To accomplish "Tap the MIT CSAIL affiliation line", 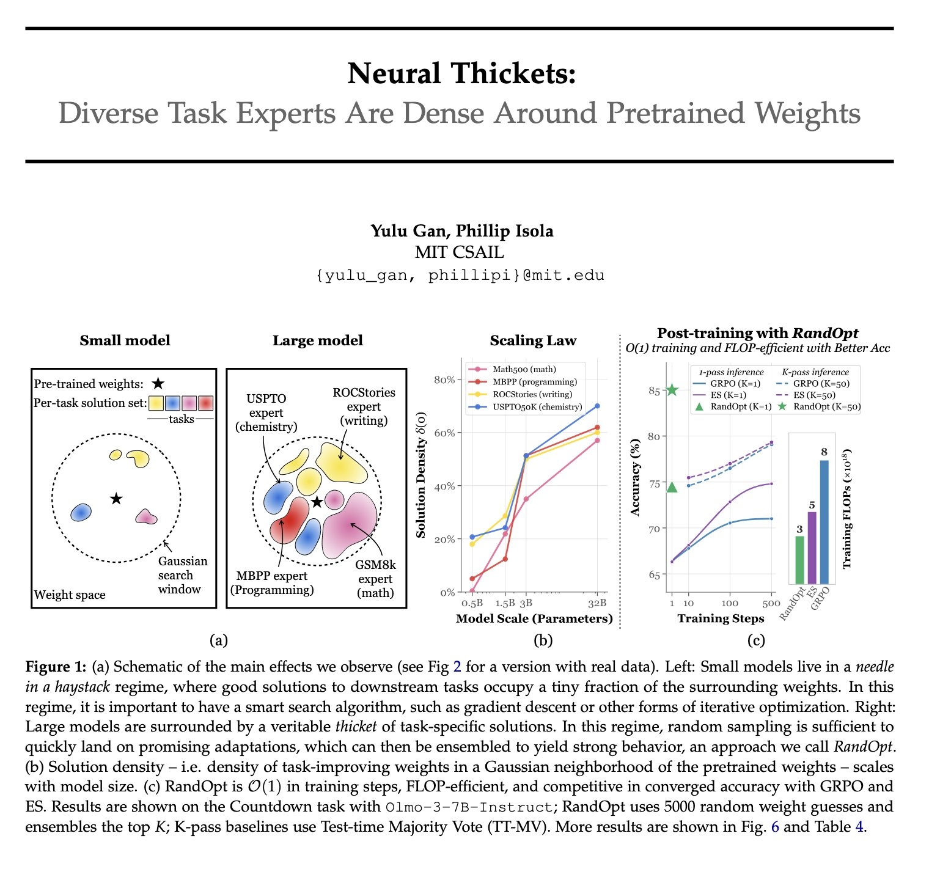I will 459,252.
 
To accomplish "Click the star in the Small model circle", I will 116,499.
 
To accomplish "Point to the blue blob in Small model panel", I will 81,512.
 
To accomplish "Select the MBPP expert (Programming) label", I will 272,582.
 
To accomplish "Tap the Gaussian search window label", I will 182,575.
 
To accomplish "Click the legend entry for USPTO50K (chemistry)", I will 537,406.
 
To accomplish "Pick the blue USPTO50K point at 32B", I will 597,406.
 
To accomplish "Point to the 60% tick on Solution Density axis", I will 444,433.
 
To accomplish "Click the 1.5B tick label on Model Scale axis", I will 505,604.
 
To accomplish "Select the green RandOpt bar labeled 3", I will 799,559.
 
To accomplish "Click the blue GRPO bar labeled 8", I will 824,522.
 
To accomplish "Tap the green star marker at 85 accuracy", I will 672,390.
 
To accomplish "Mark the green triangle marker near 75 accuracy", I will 672,487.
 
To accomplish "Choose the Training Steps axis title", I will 721,618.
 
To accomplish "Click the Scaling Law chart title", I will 533,340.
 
